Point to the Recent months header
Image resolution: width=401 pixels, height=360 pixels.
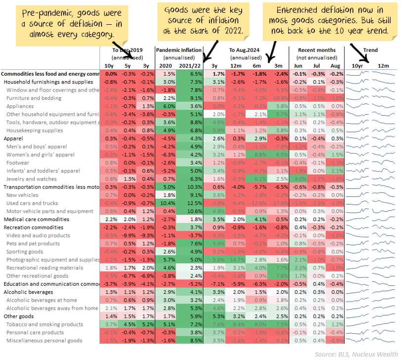[x=317, y=50]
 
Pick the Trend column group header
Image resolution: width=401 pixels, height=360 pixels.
[x=370, y=50]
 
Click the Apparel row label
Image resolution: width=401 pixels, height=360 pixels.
[x=13, y=138]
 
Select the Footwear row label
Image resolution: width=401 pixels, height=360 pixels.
[x=18, y=163]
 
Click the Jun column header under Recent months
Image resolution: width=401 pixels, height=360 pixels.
[x=298, y=66]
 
